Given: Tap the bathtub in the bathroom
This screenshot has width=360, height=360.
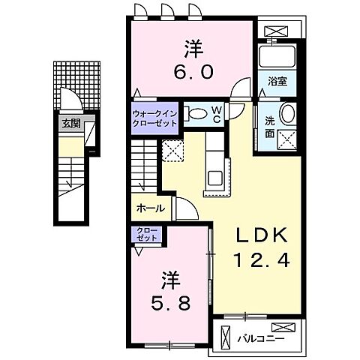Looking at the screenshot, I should [278, 57].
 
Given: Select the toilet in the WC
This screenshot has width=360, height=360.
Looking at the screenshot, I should [197, 114].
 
